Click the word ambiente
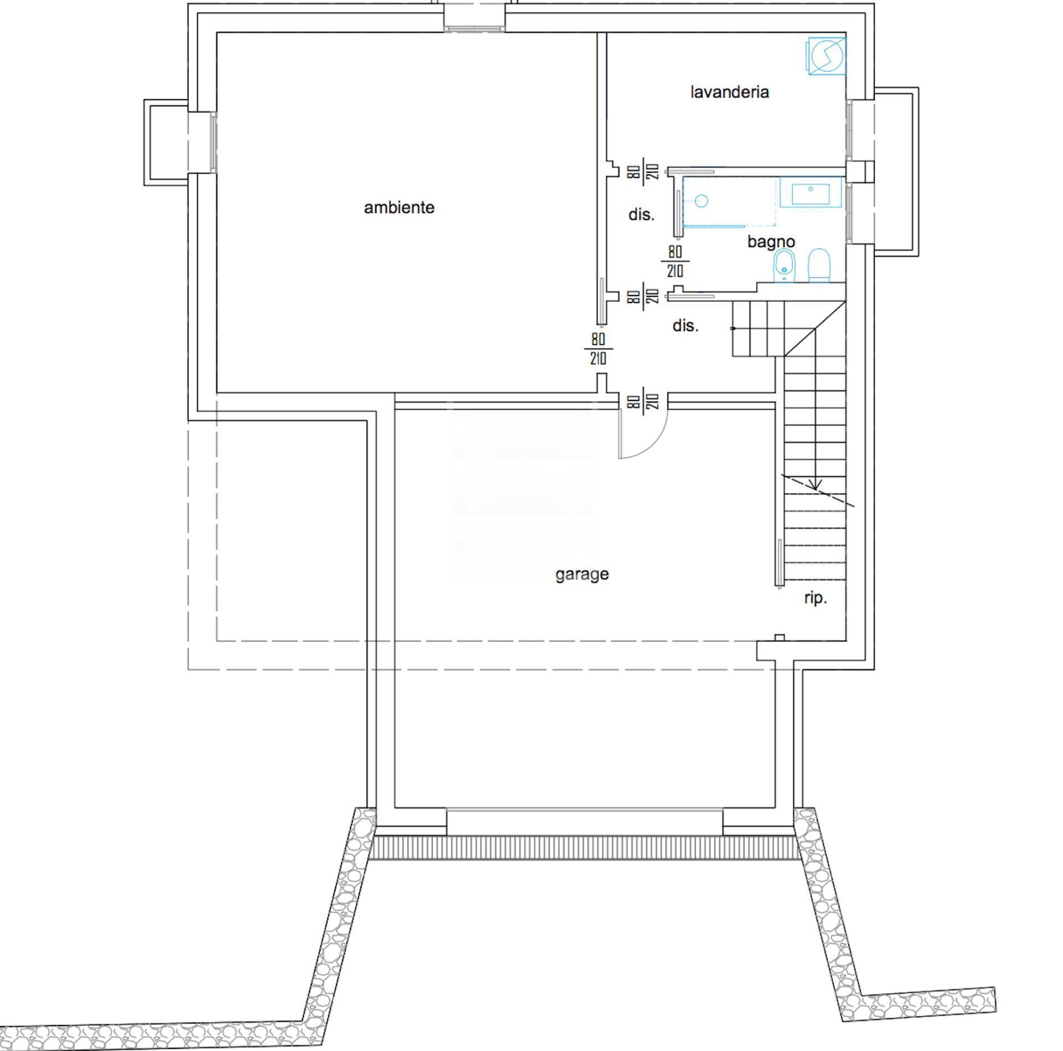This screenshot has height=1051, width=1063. pos(399,208)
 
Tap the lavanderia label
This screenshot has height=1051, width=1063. pos(730,92)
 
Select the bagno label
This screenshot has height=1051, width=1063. pos(771,242)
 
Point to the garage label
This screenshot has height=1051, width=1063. pos(582,575)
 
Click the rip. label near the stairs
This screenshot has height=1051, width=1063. pos(816,598)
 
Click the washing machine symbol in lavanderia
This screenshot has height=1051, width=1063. pos(826,55)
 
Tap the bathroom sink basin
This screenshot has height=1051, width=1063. pos(811,193)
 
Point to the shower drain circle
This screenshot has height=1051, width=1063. pos(701,200)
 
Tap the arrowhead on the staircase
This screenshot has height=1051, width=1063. pos(814,485)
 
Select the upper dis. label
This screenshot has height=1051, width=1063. pos(641,215)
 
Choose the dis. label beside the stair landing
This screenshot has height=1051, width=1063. pos(685,326)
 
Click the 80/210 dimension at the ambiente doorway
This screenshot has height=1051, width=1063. pos(598,349)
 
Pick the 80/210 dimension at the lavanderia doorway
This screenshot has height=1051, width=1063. pos(643,172)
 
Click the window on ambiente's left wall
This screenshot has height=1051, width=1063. pos(214,142)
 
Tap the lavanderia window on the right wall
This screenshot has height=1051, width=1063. pos(849,131)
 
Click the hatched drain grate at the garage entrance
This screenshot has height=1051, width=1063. pos(584,848)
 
